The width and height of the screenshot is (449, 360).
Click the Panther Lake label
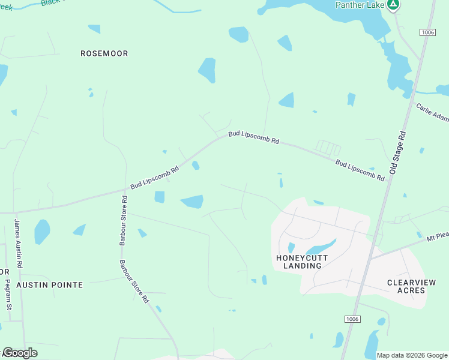359,5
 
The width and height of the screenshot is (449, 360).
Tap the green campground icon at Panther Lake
393,5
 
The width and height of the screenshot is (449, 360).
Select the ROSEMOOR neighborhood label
104,53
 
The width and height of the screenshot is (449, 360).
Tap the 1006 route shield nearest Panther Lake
427,32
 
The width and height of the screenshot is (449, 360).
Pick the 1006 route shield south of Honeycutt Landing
352,319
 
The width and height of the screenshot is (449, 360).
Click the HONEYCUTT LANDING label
302,262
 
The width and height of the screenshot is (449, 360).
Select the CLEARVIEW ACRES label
406,286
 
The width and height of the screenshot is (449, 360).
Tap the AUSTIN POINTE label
49,284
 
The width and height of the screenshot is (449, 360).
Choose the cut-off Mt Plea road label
438,238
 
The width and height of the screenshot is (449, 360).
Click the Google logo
20,353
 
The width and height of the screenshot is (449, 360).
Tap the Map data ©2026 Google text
412,355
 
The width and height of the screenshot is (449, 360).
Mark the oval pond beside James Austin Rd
41,232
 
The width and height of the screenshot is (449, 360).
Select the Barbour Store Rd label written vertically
122,221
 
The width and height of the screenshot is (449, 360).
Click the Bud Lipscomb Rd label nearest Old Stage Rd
360,170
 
